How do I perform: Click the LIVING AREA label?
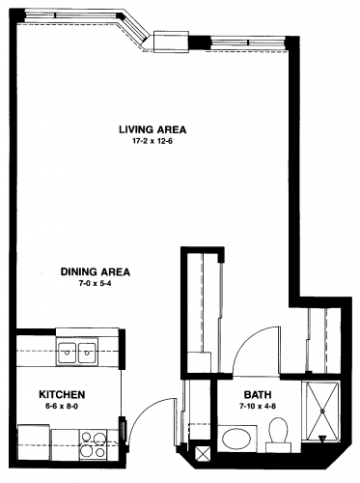click(152, 129)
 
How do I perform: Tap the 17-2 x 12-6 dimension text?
click(152, 141)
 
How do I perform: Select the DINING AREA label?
click(96, 271)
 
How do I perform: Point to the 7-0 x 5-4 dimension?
click(96, 284)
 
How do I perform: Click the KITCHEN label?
click(62, 394)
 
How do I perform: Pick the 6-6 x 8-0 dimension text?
click(62, 407)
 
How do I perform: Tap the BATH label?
click(258, 394)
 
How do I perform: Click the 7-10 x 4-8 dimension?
click(258, 407)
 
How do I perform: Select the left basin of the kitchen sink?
click(67, 353)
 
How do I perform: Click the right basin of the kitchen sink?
click(87, 353)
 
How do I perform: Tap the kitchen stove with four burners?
click(94, 445)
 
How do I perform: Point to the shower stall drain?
click(321, 411)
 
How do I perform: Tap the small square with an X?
click(203, 454)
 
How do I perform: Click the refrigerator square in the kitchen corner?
click(34, 442)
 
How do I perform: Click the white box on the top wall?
click(171, 42)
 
